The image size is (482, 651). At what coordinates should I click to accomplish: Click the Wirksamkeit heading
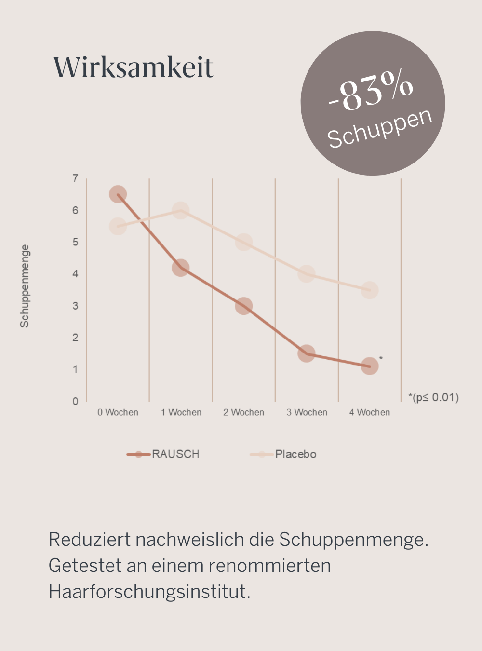[133, 67]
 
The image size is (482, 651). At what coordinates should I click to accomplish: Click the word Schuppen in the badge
[380, 128]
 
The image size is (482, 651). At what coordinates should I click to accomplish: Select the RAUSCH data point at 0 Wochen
[118, 194]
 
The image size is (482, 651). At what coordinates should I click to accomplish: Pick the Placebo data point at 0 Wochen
[118, 226]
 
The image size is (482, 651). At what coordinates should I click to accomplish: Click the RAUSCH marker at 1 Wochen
[180, 268]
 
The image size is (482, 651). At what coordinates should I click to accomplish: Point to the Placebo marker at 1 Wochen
[180, 210]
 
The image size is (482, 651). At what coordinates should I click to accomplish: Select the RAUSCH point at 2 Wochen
[244, 306]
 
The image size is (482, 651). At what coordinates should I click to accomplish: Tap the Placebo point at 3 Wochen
[307, 274]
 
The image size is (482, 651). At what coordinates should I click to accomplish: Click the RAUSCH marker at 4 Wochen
[370, 366]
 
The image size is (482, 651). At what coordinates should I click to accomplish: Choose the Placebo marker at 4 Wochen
[370, 290]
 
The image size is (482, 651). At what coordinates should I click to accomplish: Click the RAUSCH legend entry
[164, 454]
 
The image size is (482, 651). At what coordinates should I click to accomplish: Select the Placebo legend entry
[284, 454]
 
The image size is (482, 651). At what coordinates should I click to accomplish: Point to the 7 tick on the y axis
[75, 178]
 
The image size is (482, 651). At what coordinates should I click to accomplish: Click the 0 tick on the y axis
[75, 401]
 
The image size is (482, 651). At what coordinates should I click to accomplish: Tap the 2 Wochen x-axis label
[244, 412]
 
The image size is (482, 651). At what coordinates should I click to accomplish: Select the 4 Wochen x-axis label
[370, 412]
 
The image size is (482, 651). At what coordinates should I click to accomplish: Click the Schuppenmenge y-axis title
[25, 286]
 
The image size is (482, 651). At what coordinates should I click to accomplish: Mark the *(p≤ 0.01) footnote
[433, 397]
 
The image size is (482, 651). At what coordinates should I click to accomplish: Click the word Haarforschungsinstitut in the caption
[149, 591]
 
